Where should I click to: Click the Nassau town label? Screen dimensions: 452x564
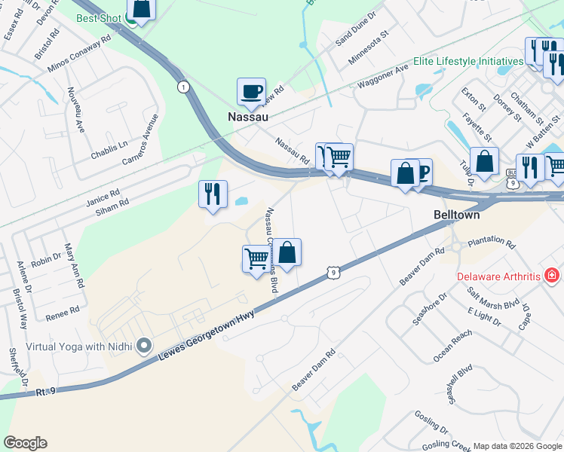tap(249, 117)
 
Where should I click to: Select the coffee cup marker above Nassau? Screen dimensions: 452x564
tap(251, 93)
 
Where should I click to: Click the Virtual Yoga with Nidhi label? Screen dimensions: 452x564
tap(79, 347)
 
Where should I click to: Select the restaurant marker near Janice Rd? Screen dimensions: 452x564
tap(213, 194)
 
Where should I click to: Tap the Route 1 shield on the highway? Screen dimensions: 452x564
tap(182, 88)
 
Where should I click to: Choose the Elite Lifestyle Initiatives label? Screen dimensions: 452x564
tap(467, 61)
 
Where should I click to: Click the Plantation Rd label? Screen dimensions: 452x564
tap(490, 245)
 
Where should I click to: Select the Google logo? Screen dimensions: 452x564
tap(25, 443)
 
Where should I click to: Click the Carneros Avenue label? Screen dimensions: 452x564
tap(141, 141)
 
